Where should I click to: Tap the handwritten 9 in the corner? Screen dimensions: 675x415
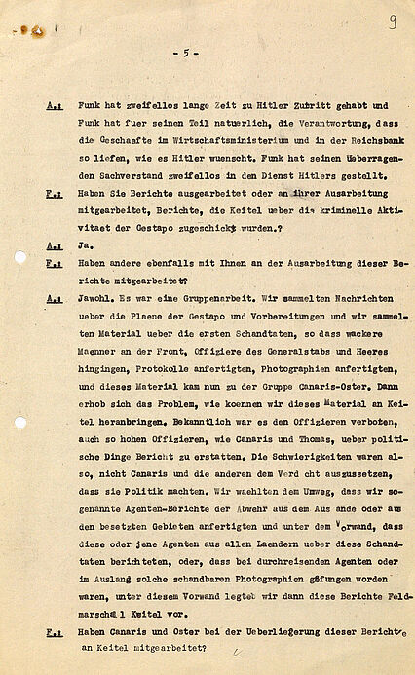pos(392,21)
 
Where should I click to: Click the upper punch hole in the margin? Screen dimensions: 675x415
pos(20,257)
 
